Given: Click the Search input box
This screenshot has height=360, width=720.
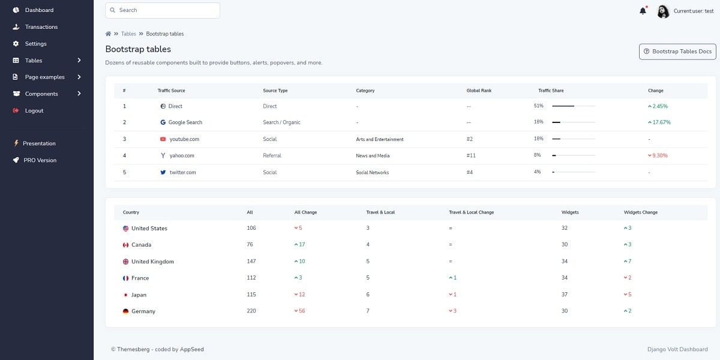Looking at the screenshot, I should click(162, 10).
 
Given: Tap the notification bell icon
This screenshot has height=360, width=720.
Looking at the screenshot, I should click(643, 11).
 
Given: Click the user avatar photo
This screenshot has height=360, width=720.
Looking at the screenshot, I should click(663, 11).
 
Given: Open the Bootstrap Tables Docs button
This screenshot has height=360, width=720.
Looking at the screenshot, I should click(677, 52).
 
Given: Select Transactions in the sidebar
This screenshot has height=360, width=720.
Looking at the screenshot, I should click(41, 27).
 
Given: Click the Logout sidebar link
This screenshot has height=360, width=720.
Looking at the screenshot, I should click(34, 110).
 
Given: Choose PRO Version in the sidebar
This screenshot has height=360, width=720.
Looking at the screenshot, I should click(40, 160).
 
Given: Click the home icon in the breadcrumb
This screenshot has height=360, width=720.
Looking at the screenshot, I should click(108, 34).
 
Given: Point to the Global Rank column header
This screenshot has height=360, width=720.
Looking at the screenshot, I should click(479, 91).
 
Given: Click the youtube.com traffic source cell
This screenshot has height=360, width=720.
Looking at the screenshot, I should click(184, 139).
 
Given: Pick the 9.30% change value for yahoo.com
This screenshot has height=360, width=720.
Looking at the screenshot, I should click(659, 155).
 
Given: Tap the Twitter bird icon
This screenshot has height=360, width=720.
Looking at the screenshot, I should click(163, 172).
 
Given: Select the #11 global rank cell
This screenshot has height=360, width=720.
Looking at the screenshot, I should click(471, 155).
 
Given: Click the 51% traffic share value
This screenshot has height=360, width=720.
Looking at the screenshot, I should click(538, 106).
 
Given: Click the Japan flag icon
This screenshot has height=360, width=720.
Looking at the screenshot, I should click(126, 295).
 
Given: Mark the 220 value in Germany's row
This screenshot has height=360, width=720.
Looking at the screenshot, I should click(251, 311).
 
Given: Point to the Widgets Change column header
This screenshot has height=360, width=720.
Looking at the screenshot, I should click(641, 212).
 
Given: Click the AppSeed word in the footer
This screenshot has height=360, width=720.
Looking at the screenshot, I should click(192, 349).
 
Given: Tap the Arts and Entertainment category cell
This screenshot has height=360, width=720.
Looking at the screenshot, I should click(380, 139).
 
